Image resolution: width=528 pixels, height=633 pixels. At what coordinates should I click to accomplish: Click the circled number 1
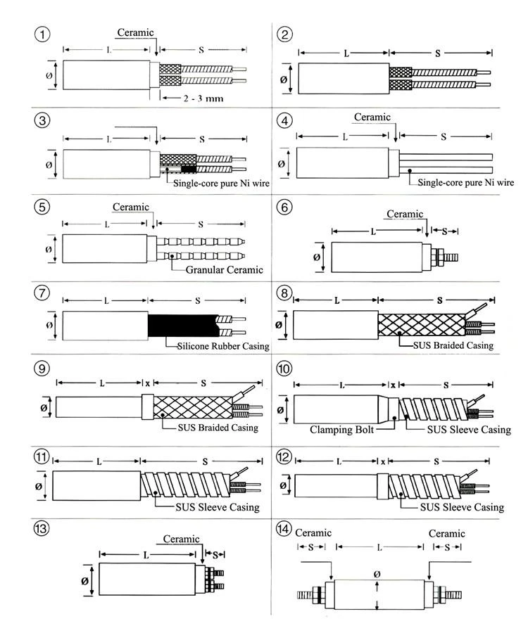pos(42,34)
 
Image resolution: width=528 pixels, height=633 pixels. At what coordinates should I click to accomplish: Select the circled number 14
pos(284,528)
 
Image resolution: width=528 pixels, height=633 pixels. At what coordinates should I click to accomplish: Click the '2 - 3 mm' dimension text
pos(203,98)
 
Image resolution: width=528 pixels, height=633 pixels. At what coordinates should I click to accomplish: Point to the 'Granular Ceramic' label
pos(224,269)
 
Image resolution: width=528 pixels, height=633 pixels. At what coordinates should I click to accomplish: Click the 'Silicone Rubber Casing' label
pos(223,346)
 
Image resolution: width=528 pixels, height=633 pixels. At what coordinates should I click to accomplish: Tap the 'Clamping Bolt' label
pos(341,430)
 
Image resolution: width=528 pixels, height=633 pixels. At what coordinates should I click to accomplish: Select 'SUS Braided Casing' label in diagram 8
pos(453,345)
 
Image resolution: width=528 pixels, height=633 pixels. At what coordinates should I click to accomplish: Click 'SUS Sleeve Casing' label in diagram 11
pos(218,507)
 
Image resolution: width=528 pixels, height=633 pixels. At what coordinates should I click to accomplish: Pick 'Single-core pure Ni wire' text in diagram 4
pos(466,182)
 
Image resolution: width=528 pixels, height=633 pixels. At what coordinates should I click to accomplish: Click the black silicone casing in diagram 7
pos(182,326)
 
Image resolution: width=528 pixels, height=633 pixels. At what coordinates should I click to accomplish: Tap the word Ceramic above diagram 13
pos(182,539)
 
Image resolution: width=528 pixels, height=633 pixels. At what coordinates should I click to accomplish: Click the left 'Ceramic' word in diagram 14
pos(313,533)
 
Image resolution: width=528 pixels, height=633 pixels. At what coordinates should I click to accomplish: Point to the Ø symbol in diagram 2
pos(284,79)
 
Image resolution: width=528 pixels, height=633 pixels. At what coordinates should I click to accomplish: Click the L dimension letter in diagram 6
pos(373,231)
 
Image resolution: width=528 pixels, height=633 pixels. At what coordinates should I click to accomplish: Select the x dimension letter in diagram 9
pos(148,383)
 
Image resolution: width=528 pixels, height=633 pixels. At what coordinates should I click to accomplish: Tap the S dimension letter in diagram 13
pos(215,554)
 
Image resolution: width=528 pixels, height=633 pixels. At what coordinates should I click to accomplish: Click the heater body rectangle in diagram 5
pos(105,249)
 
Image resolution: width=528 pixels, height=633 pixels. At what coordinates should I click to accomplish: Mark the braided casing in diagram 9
pos(193,407)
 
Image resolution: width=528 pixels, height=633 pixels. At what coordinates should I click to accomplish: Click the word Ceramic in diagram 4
pos(372,117)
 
